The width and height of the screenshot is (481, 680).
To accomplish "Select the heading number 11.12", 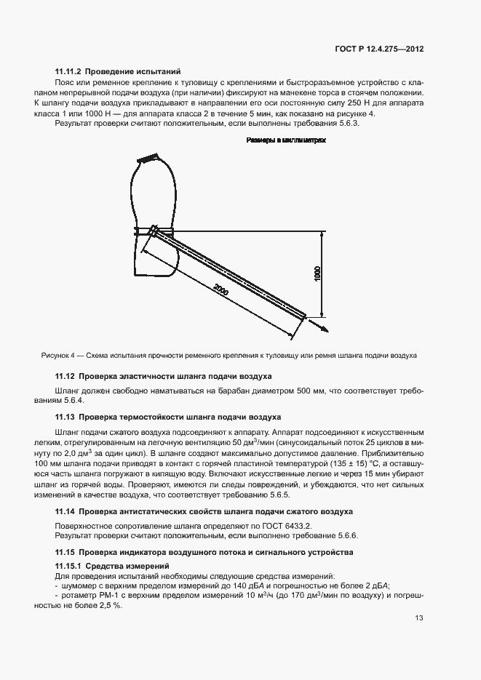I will (x=65, y=377).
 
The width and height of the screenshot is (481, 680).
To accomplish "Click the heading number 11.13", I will (x=65, y=417).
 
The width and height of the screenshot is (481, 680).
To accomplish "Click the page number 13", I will (x=419, y=618).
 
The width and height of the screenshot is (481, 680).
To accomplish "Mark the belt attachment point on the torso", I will (x=154, y=231).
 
